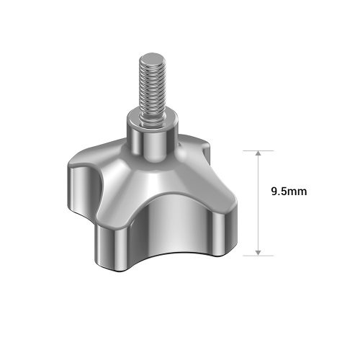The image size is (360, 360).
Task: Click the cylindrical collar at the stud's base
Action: click(148, 140)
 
